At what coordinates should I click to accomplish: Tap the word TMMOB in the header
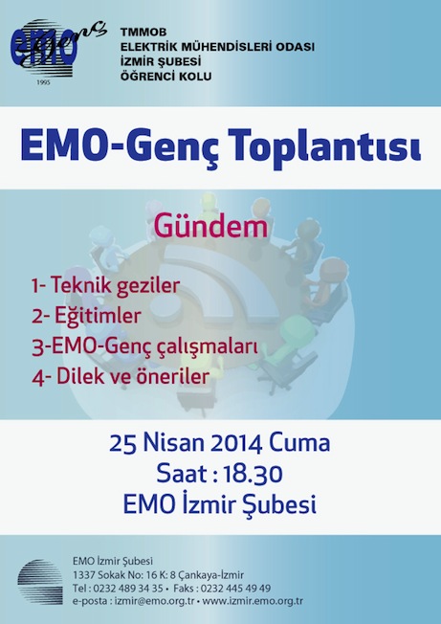[x=143, y=33]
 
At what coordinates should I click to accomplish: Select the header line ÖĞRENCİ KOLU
[x=166, y=77]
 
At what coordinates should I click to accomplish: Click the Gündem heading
[x=210, y=227]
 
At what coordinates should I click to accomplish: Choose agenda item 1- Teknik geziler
[x=106, y=286]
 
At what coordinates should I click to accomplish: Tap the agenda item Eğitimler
[x=98, y=315]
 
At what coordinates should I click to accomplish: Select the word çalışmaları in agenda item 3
[x=207, y=346]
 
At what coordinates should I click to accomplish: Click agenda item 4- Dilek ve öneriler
[x=121, y=376]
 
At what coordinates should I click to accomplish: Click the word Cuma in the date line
[x=299, y=443]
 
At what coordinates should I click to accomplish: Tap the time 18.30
[x=253, y=474]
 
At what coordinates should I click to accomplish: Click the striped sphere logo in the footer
[x=40, y=582]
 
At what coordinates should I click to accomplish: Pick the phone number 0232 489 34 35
[x=127, y=589]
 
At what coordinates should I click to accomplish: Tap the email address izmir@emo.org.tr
[x=154, y=601]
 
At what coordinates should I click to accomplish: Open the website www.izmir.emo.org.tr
[x=253, y=601]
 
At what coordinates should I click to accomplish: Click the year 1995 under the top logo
[x=43, y=82]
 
